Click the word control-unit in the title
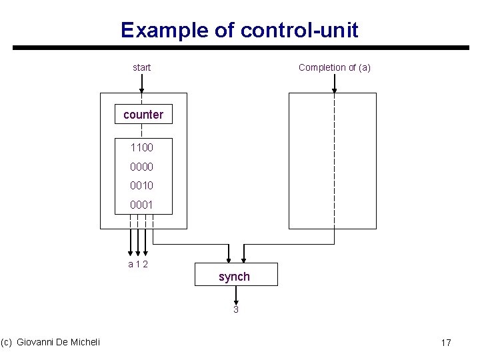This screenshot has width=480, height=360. click(x=299, y=30)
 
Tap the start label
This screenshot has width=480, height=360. click(x=141, y=67)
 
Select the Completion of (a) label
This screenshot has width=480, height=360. click(x=335, y=67)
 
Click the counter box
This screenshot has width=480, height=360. click(x=143, y=115)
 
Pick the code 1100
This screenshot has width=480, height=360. click(x=142, y=147)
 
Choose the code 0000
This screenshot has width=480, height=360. click(x=142, y=167)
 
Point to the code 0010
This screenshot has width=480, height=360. click(x=142, y=186)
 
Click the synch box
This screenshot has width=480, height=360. click(x=235, y=276)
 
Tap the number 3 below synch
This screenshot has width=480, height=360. click(x=235, y=310)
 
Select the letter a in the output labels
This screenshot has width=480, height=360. click(x=131, y=265)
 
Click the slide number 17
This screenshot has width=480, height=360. click(x=446, y=343)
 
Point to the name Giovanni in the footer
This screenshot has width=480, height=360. click(x=37, y=342)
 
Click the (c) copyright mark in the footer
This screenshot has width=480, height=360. click(x=7, y=342)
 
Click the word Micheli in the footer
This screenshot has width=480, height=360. click(x=86, y=342)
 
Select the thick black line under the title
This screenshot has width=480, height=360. click(x=240, y=48)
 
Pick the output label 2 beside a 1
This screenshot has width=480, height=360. click(x=145, y=265)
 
